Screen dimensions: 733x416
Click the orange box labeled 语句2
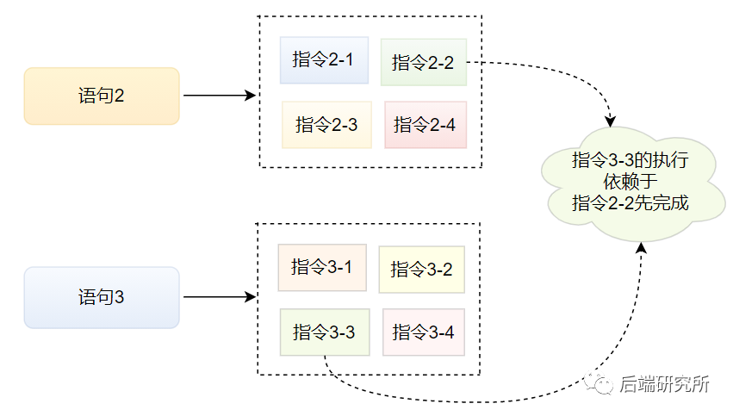coord(102,96)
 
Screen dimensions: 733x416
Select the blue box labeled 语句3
coord(102,297)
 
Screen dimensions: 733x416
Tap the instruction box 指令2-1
coord(324,60)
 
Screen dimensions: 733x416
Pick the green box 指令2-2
coord(424,62)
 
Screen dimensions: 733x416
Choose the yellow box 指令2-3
coord(326,125)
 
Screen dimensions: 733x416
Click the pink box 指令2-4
coord(426,125)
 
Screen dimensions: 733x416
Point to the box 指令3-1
coord(322,267)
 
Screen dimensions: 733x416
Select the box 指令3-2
coord(422,270)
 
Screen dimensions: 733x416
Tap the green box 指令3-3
coord(325,332)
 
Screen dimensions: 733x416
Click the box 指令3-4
coord(424,332)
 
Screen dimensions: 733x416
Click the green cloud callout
coord(631,183)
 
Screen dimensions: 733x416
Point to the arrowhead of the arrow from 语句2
coord(251,96)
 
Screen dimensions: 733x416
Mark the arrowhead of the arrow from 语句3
coord(251,297)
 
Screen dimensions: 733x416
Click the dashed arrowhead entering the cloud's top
coord(610,121)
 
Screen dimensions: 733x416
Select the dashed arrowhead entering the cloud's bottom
coord(642,248)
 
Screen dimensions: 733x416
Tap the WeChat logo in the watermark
coord(598,383)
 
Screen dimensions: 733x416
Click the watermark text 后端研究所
coord(664,384)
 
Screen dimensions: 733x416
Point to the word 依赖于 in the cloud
coord(631,182)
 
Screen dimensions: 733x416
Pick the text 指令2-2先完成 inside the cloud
coord(631,203)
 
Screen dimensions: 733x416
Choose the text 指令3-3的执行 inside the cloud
coord(631,160)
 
